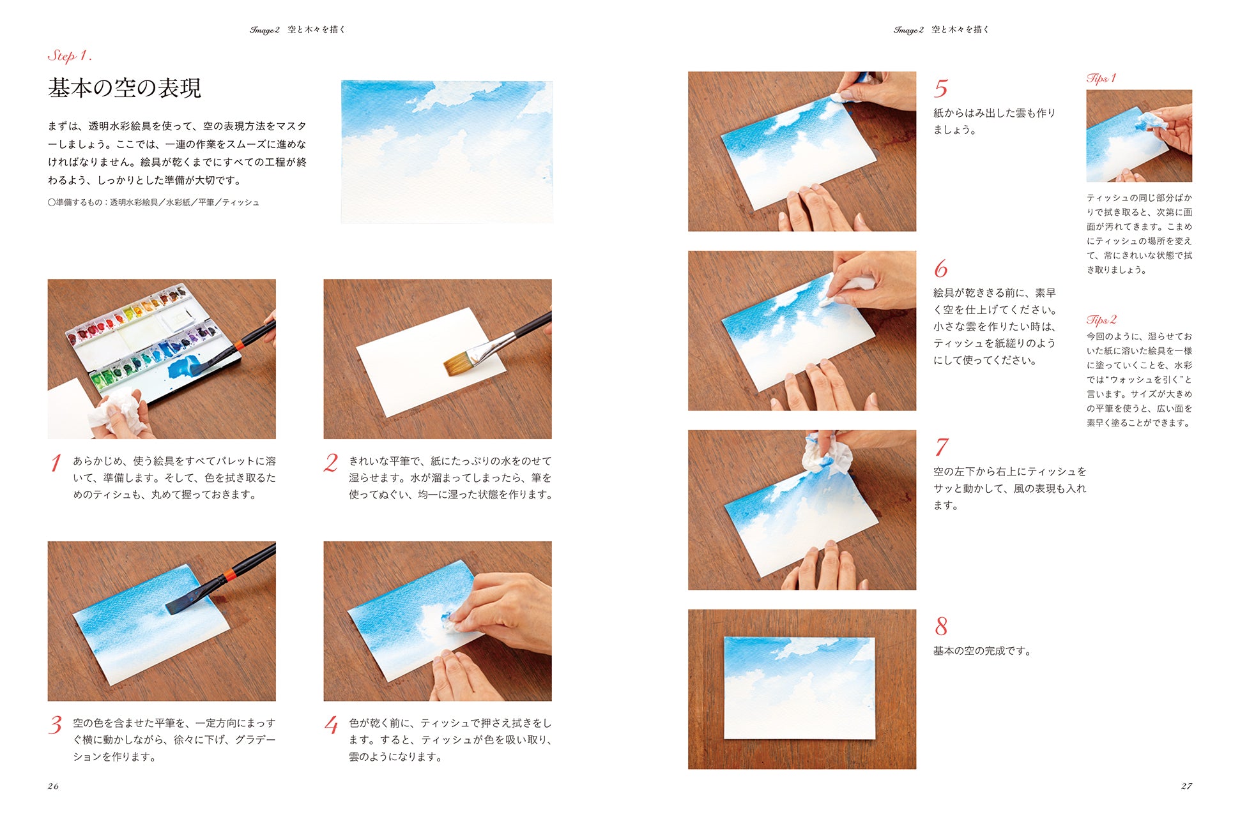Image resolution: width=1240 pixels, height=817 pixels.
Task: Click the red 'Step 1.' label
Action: tap(70, 56)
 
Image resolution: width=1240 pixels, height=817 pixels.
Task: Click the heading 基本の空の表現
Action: tap(125, 88)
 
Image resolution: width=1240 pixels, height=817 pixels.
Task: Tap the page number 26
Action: tap(53, 786)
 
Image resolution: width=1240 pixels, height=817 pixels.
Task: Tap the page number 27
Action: tap(1186, 786)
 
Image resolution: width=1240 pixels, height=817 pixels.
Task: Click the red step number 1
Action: tap(56, 463)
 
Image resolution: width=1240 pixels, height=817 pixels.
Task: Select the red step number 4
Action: tap(331, 725)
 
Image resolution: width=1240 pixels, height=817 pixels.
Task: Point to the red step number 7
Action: tap(941, 447)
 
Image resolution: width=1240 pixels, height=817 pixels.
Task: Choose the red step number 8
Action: tap(941, 626)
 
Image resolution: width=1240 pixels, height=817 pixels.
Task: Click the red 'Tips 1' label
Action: tap(1101, 78)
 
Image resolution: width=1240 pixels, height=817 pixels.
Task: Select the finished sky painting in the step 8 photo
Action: tap(799, 688)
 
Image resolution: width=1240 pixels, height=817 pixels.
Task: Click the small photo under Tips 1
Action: tap(1139, 136)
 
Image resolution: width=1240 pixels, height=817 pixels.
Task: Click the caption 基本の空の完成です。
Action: tap(983, 651)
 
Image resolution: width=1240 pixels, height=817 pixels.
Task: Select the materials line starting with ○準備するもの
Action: tap(153, 202)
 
